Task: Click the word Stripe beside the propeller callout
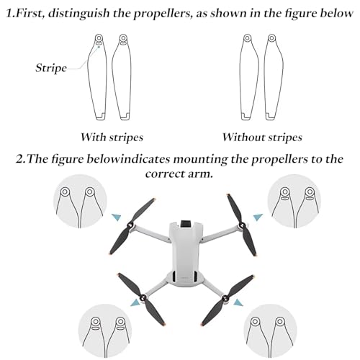(x=51, y=68)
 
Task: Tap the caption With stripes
(x=112, y=138)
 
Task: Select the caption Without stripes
(x=262, y=138)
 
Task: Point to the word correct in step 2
(x=165, y=174)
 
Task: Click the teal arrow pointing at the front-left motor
(x=117, y=217)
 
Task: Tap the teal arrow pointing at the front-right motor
(x=258, y=217)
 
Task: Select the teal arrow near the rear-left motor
(x=135, y=302)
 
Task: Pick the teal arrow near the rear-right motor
(x=238, y=302)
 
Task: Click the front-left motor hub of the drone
(x=131, y=225)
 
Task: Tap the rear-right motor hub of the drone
(x=225, y=298)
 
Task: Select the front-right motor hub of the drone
(x=243, y=225)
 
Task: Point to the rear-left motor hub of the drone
(x=143, y=297)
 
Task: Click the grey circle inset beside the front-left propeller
(x=80, y=201)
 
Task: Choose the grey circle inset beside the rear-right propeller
(x=271, y=331)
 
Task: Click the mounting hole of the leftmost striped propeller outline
(x=99, y=38)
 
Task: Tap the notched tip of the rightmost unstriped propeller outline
(x=271, y=116)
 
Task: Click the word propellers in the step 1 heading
(x=161, y=14)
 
